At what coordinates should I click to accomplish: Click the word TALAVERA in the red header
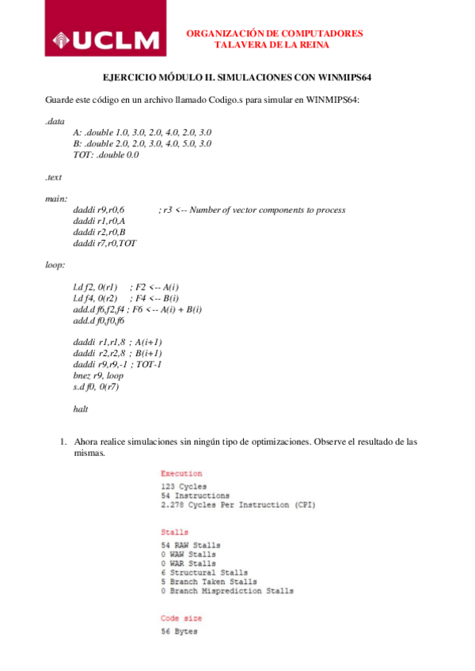[242, 45]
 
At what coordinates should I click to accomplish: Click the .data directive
[55, 121]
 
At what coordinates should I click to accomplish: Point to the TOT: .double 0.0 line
[105, 155]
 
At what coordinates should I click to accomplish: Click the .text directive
[54, 177]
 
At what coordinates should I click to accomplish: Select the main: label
[56, 199]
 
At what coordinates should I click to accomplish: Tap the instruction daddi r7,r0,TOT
[104, 244]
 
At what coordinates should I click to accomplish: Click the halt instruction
[80, 409]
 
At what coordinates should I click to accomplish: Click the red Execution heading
[181, 473]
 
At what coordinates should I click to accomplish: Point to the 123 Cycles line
[184, 485]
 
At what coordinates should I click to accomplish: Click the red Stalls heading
[176, 533]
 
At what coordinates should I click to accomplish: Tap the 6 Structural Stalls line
[204, 571]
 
